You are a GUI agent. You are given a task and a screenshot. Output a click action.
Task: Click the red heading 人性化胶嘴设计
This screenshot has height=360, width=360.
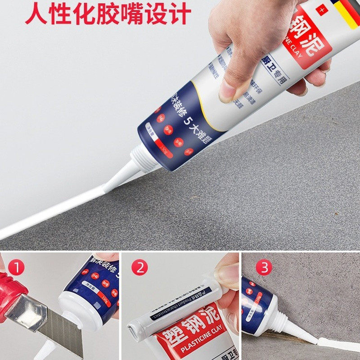point(108,13)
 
